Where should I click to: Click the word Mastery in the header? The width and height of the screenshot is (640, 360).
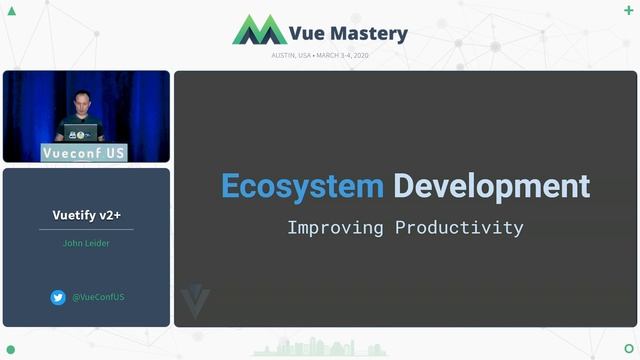point(366,33)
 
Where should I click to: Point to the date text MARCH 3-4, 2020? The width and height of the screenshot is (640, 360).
point(348,55)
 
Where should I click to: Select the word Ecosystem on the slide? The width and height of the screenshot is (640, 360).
point(302,186)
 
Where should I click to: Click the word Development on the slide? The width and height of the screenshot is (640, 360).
point(491,186)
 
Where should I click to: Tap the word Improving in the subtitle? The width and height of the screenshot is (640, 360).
point(336,227)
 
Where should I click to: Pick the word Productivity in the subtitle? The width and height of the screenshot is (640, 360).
point(459,227)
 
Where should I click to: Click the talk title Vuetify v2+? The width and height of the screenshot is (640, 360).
point(86,215)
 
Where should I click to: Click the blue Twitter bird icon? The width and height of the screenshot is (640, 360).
point(58,297)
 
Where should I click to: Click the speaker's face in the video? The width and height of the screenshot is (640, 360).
point(80,101)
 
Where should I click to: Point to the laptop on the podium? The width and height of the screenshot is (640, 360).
point(82,132)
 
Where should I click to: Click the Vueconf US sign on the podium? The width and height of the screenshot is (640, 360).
point(84,153)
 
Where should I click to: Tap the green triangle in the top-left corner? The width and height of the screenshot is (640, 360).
point(11,11)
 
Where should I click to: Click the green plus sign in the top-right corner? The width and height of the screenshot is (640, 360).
point(628,10)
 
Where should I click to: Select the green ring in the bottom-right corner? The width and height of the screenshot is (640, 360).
point(628,348)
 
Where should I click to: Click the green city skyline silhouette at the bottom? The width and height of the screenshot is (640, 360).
point(320,348)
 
